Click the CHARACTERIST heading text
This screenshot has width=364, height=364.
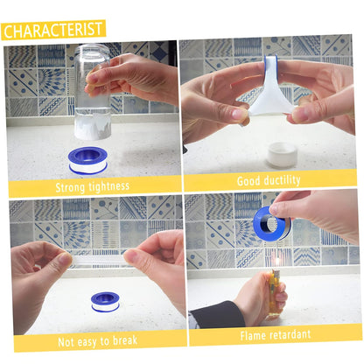pos(52,30)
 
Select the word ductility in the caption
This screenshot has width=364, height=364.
pos(282,180)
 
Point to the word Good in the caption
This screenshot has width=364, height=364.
pos(248,181)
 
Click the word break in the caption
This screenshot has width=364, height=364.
pos(125,340)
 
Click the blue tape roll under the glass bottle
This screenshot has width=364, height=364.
pos(87,160)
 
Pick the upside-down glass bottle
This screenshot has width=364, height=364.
pos(93,92)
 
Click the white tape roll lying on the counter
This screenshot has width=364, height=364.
pos(282,155)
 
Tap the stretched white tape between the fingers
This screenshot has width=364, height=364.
pos(269,90)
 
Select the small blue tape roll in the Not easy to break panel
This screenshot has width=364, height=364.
pos(105,302)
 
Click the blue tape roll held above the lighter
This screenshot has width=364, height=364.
pos(271,223)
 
